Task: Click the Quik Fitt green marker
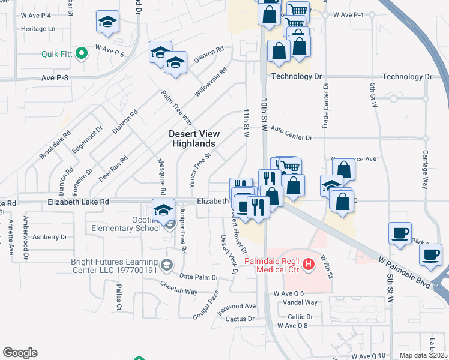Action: tap(83, 54)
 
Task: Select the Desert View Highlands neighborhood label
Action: tap(194, 139)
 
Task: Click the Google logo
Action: tap(20, 353)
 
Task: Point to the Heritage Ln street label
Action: tap(37, 28)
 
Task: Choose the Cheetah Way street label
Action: tap(179, 291)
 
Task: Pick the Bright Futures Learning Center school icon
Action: tap(167, 264)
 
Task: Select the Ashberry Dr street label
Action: tap(50, 237)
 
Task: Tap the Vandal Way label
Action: tap(303, 302)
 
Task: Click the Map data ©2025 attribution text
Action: tap(423, 355)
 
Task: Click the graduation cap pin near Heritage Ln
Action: tap(108, 23)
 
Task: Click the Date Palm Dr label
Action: tap(198, 277)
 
